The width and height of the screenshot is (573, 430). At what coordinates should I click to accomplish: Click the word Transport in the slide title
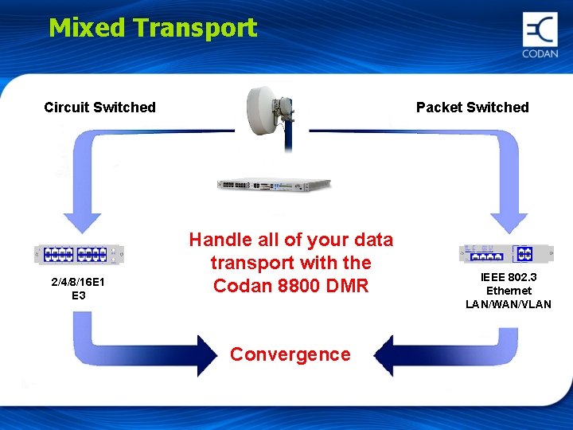pyautogui.click(x=195, y=28)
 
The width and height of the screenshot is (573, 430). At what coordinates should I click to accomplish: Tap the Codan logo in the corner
pyautogui.click(x=540, y=35)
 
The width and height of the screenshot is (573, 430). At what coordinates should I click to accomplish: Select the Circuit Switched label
pyautogui.click(x=99, y=107)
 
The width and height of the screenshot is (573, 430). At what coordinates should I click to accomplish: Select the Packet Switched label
pyautogui.click(x=472, y=107)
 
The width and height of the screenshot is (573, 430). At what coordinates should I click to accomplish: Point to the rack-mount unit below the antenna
pyautogui.click(x=274, y=185)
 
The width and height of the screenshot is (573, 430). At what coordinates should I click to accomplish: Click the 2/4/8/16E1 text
pyautogui.click(x=79, y=283)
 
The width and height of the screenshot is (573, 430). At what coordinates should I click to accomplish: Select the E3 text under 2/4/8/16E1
pyautogui.click(x=79, y=296)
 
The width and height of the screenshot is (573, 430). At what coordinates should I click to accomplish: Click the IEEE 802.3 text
pyautogui.click(x=509, y=278)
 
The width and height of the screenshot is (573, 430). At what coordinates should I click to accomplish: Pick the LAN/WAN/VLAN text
pyautogui.click(x=509, y=304)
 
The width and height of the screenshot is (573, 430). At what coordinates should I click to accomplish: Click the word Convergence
pyautogui.click(x=290, y=354)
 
